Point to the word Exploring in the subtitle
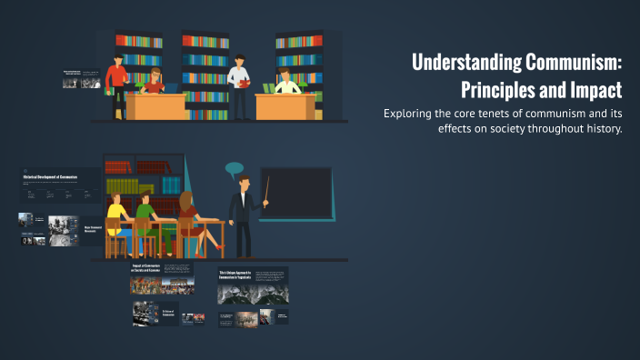click(x=413, y=114)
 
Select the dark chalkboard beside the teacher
click(x=295, y=193)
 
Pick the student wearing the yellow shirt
click(x=115, y=213)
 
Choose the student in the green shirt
click(x=145, y=215)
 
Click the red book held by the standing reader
click(x=243, y=83)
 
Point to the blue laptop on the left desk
click(x=170, y=88)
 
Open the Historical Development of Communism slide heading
click(x=49, y=176)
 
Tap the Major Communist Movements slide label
click(x=94, y=229)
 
